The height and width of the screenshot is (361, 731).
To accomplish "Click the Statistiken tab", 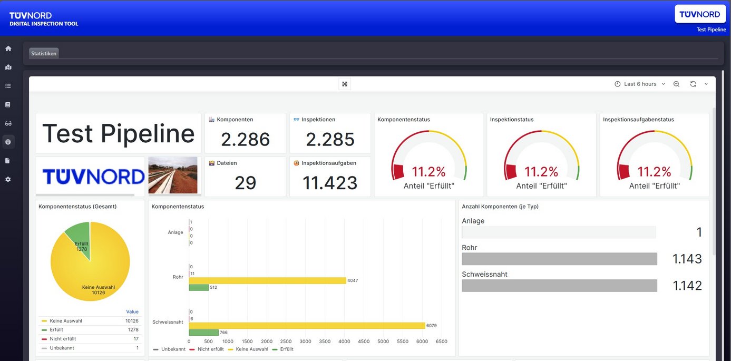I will point(44,53).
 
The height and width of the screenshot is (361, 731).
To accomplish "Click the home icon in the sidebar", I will point(8,48).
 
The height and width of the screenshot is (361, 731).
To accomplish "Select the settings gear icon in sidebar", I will point(8,179).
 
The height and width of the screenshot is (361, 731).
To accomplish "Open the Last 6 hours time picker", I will point(640,84).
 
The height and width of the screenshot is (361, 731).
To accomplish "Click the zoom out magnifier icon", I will point(676,84).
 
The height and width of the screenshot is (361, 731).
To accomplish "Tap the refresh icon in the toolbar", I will point(693,84).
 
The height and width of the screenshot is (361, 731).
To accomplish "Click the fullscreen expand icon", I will point(345,84).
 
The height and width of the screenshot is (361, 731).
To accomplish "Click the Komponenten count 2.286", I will point(245,140).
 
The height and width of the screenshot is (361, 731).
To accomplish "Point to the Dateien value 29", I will point(245,183).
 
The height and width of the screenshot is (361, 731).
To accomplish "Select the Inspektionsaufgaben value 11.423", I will point(330,183).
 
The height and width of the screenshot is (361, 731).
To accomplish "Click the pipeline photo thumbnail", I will point(173,175).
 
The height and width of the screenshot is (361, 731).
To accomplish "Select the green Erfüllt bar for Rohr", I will point(199,288).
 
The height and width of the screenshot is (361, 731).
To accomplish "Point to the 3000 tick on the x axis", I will point(306,342).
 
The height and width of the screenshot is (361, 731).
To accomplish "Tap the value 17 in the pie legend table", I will point(136,339).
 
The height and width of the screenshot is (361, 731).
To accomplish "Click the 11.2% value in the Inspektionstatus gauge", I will point(541,172).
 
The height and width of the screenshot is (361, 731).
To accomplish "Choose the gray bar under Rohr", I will point(559,259).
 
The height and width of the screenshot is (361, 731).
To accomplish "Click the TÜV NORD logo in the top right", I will point(699,14).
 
